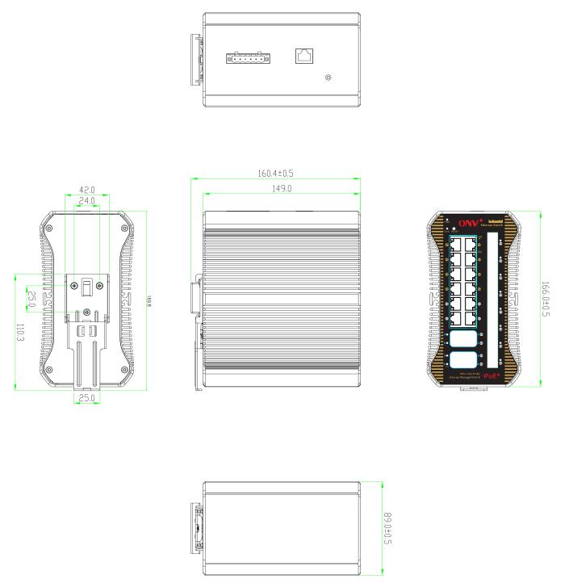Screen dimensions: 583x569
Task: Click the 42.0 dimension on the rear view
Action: [86, 189]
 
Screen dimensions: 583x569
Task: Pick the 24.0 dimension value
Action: [86, 199]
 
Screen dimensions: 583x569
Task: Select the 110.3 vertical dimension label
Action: [20, 332]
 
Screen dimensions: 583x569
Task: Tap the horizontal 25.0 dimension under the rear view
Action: [86, 398]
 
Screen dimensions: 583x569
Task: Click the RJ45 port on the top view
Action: [305, 56]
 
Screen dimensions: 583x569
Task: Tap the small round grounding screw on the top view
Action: [327, 78]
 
